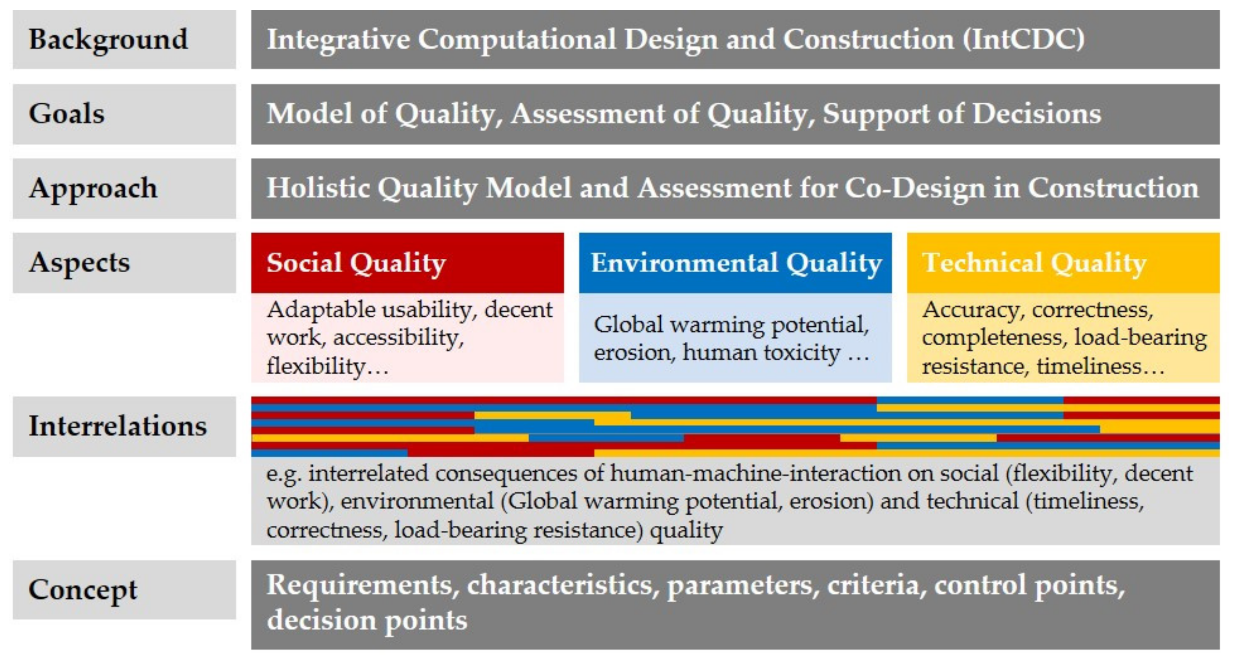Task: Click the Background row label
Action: click(x=108, y=39)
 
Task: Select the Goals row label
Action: click(x=67, y=114)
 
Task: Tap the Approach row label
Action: click(x=93, y=188)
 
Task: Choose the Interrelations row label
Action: click(x=118, y=426)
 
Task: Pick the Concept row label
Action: click(x=83, y=590)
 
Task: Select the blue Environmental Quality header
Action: click(x=736, y=263)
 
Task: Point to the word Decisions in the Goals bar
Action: click(x=1037, y=114)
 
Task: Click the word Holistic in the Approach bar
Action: click(x=318, y=188)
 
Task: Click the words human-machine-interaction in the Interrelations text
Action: click(x=756, y=473)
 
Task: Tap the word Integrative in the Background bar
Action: click(x=338, y=39)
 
